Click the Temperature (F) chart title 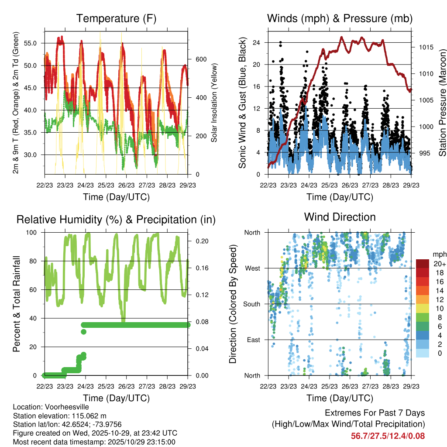pyautogui.click(x=116, y=18)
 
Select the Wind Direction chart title pyautogui.click(x=340, y=217)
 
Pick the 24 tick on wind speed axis pyautogui.click(x=256, y=43)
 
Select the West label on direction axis pyautogui.click(x=252, y=268)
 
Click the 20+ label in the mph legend pyautogui.click(x=439, y=264)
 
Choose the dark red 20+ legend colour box pyautogui.click(x=423, y=264)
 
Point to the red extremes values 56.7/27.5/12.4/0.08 pyautogui.click(x=388, y=436)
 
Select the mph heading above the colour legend pyautogui.click(x=438, y=254)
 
